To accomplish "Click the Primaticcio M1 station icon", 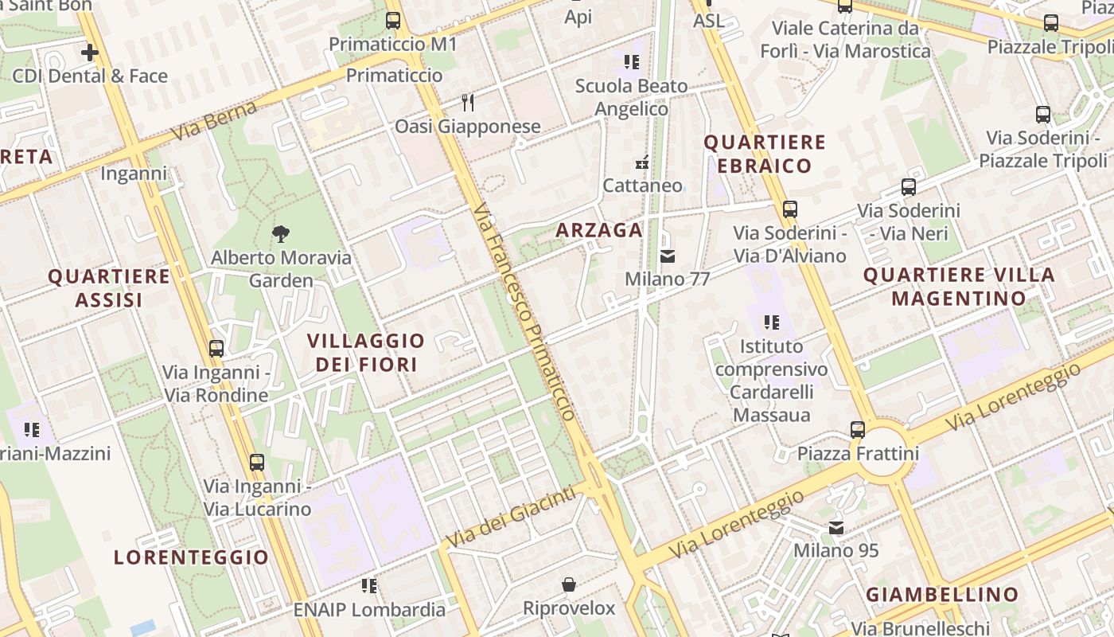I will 393,21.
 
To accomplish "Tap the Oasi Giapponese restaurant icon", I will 468,103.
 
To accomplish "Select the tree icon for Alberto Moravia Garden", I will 280,234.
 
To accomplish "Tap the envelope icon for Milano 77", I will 667,256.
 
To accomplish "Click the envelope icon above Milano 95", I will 836,527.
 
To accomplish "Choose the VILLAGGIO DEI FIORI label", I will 366,353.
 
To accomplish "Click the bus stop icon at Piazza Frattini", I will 858,430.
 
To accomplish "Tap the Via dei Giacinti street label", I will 510,518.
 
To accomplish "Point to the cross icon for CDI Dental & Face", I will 90,53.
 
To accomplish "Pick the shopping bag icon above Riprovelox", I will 569,585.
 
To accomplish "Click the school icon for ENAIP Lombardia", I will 369,586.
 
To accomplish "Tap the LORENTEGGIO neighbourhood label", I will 191,557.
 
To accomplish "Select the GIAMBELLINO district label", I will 942,595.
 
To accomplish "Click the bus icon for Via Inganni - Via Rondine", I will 216,348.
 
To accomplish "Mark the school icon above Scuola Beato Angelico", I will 632,61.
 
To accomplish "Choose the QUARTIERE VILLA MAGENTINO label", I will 959,287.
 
